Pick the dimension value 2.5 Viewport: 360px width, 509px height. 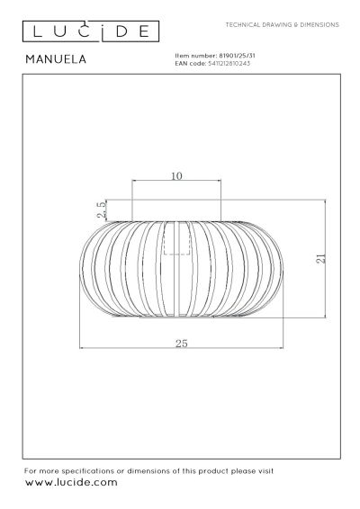point(102,210)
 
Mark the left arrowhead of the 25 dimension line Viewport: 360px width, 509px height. point(82,348)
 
